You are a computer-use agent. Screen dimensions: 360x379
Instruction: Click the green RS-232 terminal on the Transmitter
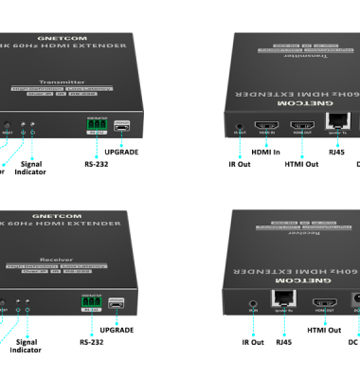(x=93, y=125)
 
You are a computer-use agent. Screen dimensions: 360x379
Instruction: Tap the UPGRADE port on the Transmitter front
(x=121, y=124)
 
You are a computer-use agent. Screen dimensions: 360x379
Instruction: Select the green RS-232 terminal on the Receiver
(x=92, y=303)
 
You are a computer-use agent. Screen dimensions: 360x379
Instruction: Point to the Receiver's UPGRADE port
(x=121, y=303)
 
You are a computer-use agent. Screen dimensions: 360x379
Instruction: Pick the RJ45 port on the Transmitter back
(x=336, y=121)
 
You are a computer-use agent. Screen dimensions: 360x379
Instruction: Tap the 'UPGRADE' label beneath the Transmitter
(x=124, y=152)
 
